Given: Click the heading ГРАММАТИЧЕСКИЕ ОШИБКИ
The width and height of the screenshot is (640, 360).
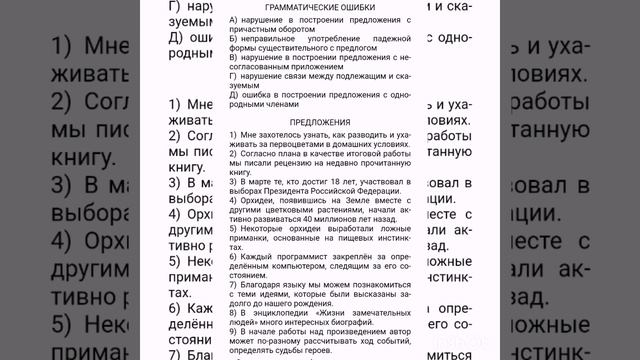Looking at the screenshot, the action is click(319, 6).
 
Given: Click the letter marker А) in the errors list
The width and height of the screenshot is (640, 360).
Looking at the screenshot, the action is click(233, 20).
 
